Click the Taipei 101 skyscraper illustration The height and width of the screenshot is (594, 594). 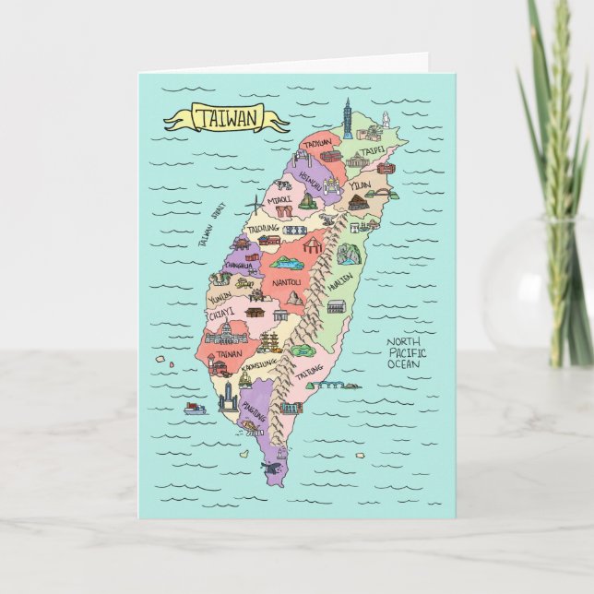(348, 119)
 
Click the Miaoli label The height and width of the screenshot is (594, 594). (279, 198)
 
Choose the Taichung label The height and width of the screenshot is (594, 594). (263, 228)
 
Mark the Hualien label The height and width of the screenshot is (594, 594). (338, 285)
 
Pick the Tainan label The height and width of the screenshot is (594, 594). (230, 352)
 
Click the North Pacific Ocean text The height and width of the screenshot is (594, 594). (406, 352)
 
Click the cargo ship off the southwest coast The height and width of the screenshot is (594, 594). (196, 408)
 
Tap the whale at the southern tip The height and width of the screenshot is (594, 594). (270, 469)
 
